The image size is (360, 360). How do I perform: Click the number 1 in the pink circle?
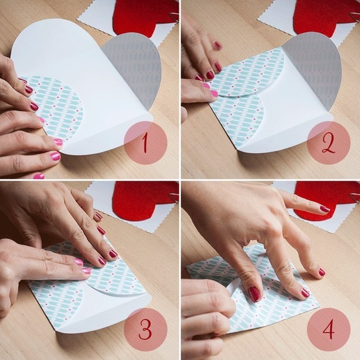(144, 143)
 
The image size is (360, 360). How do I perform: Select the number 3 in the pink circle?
(145, 330)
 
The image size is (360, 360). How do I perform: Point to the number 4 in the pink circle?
(328, 329)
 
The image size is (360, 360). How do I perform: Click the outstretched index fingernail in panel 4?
(325, 209)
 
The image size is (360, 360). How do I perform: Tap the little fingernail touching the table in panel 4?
(322, 272)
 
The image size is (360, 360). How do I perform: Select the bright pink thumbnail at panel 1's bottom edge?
(39, 176)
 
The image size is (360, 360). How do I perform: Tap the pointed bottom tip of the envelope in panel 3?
(58, 332)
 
